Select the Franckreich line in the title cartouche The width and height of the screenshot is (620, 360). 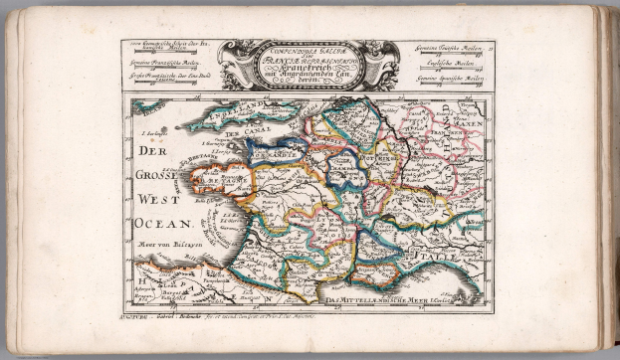[309, 73]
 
